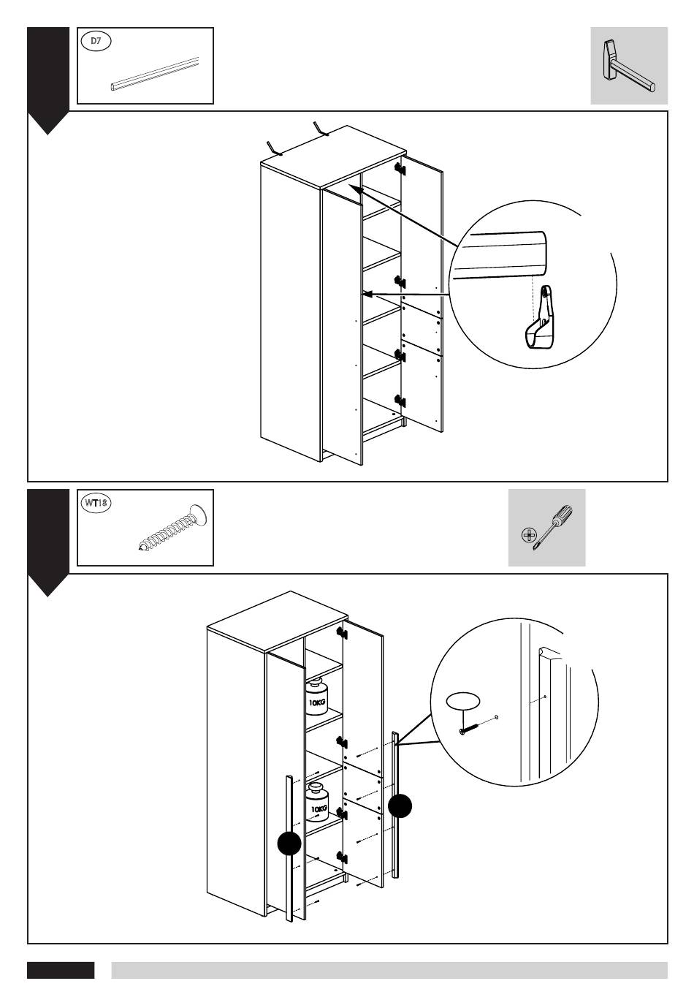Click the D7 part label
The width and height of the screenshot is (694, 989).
coord(95,42)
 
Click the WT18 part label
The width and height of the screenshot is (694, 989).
coord(94,503)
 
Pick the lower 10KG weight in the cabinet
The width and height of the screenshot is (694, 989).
coord(319,801)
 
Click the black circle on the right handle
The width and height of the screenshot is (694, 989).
coord(400,806)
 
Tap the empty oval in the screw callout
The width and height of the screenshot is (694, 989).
coord(463,702)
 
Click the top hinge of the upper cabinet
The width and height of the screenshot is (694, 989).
coord(400,168)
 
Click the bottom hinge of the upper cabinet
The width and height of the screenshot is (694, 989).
coord(400,401)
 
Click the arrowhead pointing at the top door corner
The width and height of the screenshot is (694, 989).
coord(353,189)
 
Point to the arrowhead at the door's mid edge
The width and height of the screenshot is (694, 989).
coord(367,294)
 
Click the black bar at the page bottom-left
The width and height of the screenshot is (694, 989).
coord(61,970)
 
